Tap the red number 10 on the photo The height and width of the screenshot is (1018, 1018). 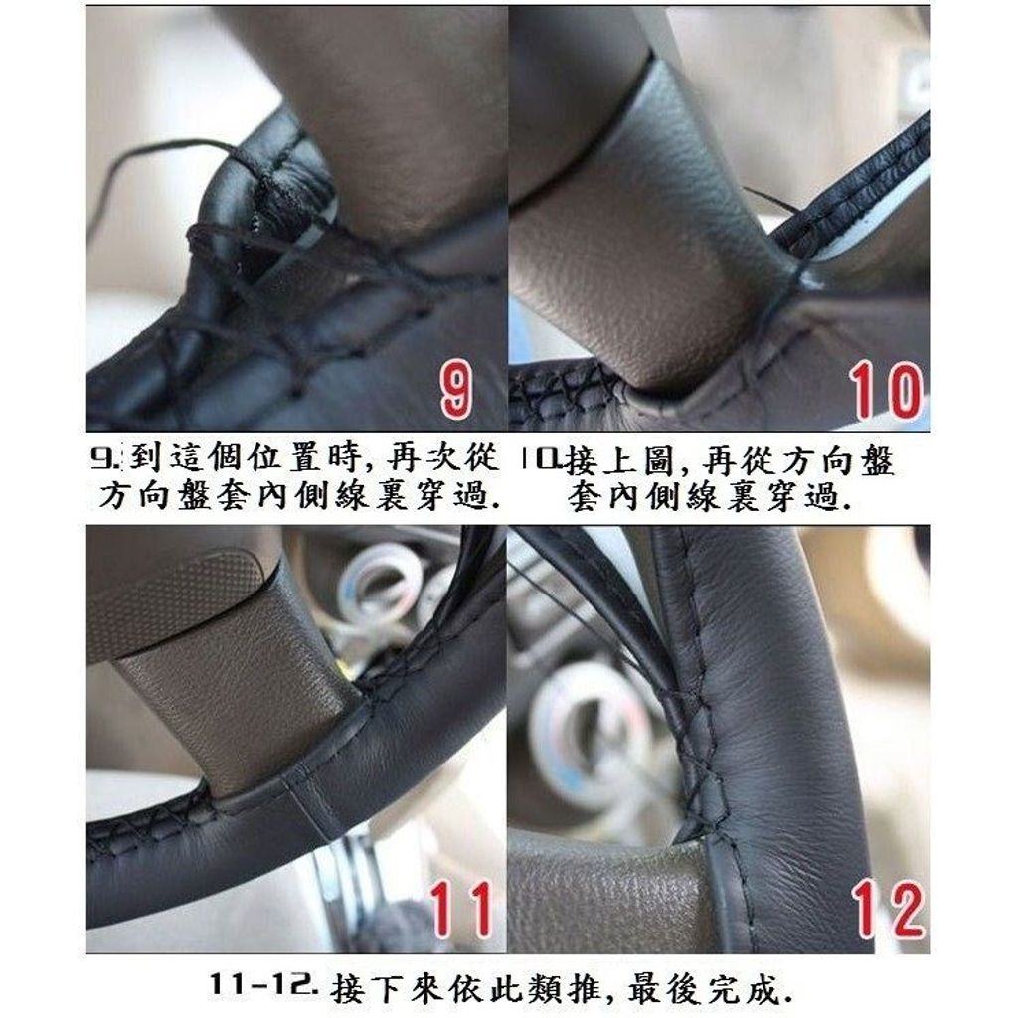(886, 390)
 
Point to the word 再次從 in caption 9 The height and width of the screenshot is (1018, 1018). (442, 458)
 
